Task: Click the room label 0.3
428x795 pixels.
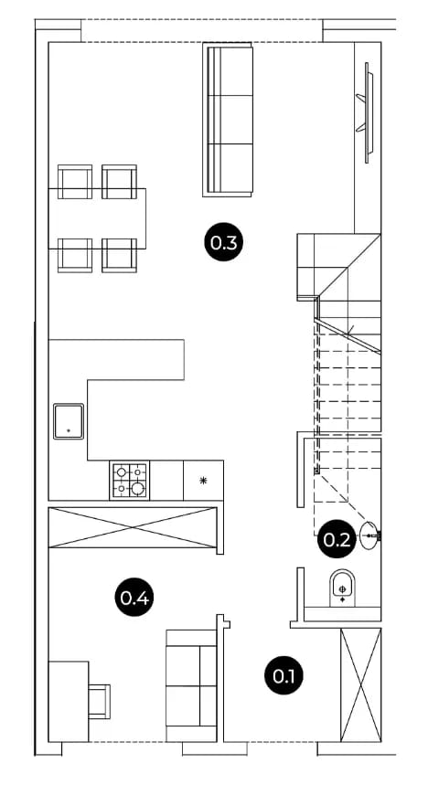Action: pos(224,243)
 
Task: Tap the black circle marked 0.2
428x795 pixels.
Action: pos(337,540)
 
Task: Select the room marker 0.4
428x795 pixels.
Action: pos(134,599)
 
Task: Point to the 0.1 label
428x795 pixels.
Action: pos(284,675)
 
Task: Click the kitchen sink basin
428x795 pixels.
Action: pos(69,421)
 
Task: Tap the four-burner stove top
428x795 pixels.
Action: pos(130,480)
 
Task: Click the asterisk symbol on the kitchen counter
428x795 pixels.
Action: pos(203,481)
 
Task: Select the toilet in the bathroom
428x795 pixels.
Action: pos(343,588)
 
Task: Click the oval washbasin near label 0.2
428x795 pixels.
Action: pos(370,535)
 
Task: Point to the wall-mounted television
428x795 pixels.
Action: pos(367,112)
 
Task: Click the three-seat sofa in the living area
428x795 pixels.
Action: pos(228,119)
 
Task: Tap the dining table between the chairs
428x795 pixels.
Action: pos(97,218)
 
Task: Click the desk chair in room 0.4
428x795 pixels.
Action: pos(100,701)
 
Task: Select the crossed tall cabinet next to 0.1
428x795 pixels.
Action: pos(360,684)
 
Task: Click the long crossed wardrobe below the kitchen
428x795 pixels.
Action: pos(133,528)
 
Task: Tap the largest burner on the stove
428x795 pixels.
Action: pos(137,489)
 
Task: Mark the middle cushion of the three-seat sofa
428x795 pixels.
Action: pos(231,120)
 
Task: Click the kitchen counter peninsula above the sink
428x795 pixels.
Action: pos(116,359)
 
